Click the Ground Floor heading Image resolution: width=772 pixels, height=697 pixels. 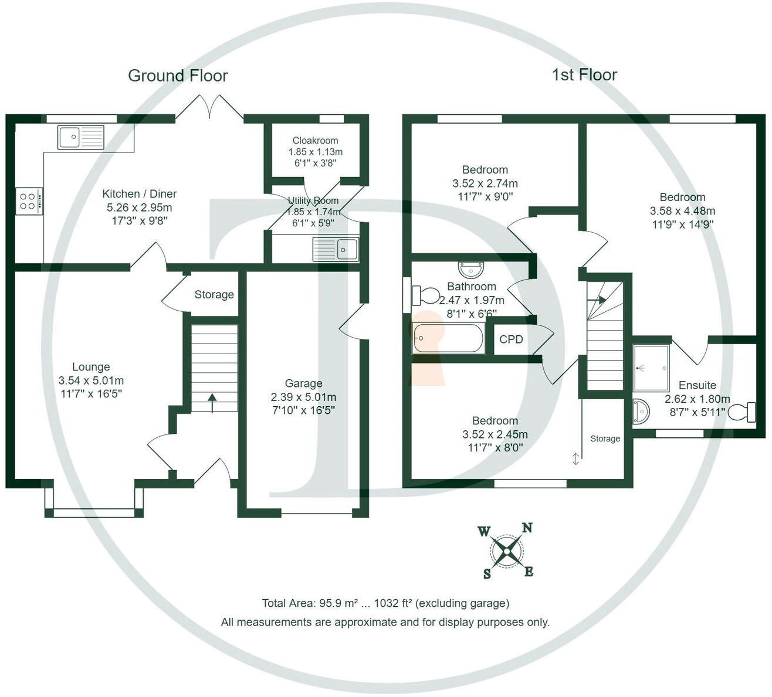pyautogui.click(x=178, y=76)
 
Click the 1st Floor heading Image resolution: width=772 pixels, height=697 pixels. pyautogui.click(x=585, y=75)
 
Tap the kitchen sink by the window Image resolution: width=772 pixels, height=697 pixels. pyautogui.click(x=81, y=137)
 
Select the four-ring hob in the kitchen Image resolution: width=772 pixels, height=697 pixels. pyautogui.click(x=29, y=201)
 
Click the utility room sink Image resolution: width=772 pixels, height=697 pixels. pyautogui.click(x=336, y=249)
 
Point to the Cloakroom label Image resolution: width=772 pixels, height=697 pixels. pyautogui.click(x=315, y=141)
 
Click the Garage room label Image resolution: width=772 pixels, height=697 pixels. pyautogui.click(x=304, y=383)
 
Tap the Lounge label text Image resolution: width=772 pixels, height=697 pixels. pyautogui.click(x=91, y=367)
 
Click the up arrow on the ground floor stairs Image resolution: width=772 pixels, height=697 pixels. pyautogui.click(x=212, y=403)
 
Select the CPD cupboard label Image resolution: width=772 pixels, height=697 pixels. pyautogui.click(x=511, y=339)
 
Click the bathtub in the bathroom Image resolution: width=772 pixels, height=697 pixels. pyautogui.click(x=448, y=338)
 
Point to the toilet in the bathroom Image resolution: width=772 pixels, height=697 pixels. pyautogui.click(x=426, y=296)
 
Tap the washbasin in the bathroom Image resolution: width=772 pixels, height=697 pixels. pyautogui.click(x=470, y=269)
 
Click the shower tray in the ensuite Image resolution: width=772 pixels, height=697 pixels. pyautogui.click(x=651, y=368)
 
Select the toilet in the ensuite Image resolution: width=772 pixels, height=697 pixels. pyautogui.click(x=742, y=412)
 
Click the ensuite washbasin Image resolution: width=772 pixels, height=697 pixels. pyautogui.click(x=642, y=412)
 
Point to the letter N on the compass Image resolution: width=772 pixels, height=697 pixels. pyautogui.click(x=527, y=528)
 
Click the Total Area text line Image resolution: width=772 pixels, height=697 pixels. pyautogui.click(x=385, y=603)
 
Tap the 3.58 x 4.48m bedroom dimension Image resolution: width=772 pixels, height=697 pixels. pyautogui.click(x=682, y=211)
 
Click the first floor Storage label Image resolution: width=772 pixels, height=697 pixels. pyautogui.click(x=605, y=438)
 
